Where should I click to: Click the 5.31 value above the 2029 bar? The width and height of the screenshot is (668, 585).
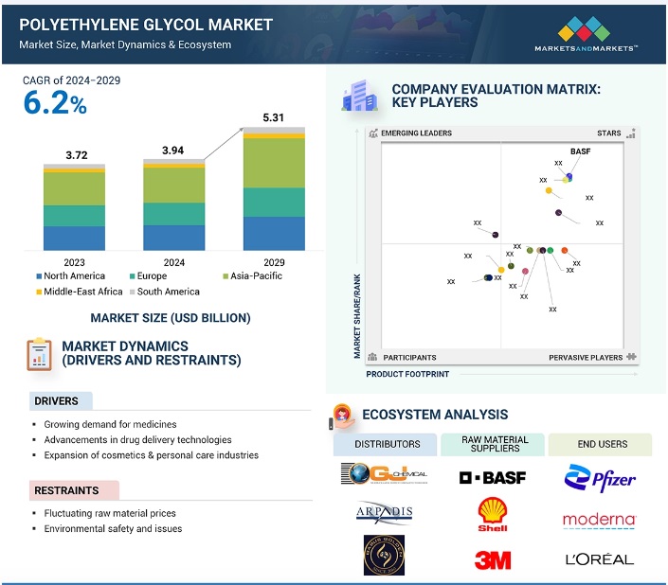[x=274, y=118]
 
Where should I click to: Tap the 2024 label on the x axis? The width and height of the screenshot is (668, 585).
[x=173, y=262]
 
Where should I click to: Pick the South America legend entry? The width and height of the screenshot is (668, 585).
[x=168, y=292]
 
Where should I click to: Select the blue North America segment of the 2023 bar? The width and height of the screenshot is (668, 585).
[x=74, y=238]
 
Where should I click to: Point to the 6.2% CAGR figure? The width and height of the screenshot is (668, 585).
[x=55, y=104]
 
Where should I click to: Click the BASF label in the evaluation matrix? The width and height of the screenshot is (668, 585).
[x=580, y=151]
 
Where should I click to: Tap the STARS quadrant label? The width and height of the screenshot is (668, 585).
[x=609, y=133]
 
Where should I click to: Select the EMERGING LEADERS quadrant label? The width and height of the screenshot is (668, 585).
[x=417, y=133]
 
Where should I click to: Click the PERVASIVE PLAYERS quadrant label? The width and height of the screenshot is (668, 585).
[x=586, y=358]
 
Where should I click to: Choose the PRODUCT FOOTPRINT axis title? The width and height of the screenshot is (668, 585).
[x=407, y=374]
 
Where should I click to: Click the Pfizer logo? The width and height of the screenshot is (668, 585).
[x=600, y=478]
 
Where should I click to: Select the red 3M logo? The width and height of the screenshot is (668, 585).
[x=492, y=559]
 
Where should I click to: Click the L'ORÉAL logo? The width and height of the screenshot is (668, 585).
[x=599, y=559]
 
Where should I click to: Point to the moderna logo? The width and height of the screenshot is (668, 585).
[x=599, y=520]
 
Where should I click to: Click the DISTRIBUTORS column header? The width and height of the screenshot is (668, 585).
[x=387, y=444]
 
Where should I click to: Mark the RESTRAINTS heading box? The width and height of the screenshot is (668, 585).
[x=72, y=490]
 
